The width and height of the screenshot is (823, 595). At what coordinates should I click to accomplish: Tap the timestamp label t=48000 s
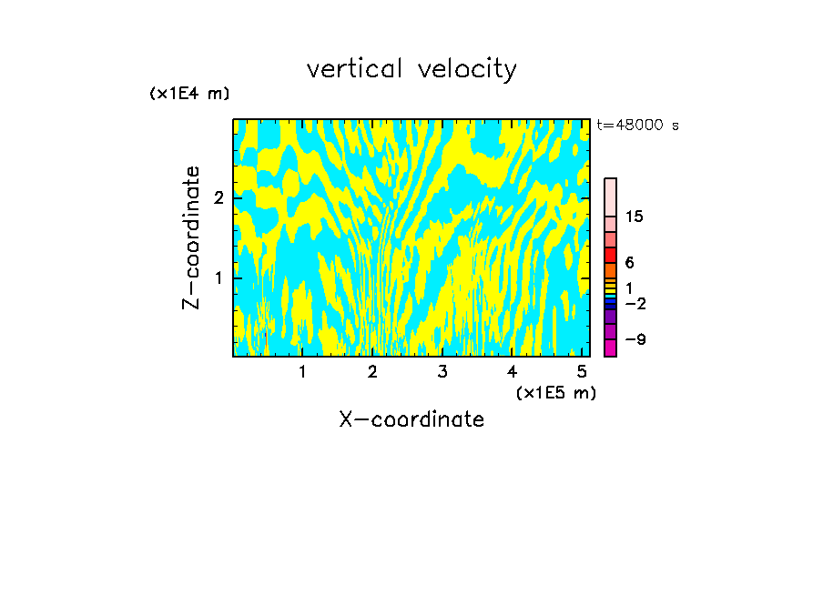click(637, 126)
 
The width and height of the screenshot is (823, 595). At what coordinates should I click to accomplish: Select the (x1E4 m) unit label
click(189, 94)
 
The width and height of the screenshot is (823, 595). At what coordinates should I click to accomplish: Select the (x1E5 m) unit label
click(556, 392)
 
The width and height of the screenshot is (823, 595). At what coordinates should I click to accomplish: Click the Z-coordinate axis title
click(191, 237)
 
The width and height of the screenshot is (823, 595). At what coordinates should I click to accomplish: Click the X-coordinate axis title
click(411, 419)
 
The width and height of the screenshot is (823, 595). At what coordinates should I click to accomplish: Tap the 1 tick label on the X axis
click(302, 372)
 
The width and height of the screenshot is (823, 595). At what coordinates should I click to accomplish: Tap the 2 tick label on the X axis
click(372, 372)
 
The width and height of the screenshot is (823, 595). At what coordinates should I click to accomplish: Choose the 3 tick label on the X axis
click(442, 372)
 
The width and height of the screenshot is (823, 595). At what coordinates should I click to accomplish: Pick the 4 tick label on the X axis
click(512, 372)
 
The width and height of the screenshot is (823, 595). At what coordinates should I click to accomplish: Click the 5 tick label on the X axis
click(582, 372)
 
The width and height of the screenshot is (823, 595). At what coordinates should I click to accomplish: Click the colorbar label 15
click(635, 217)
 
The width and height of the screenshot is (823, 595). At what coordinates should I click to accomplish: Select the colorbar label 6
click(629, 263)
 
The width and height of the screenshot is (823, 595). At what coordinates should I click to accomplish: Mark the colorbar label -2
click(635, 304)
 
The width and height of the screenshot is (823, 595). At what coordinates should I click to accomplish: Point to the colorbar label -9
click(635, 340)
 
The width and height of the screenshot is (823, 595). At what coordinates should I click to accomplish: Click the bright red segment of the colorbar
click(610, 255)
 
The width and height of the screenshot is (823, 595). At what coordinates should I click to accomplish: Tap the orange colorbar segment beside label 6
click(610, 270)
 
